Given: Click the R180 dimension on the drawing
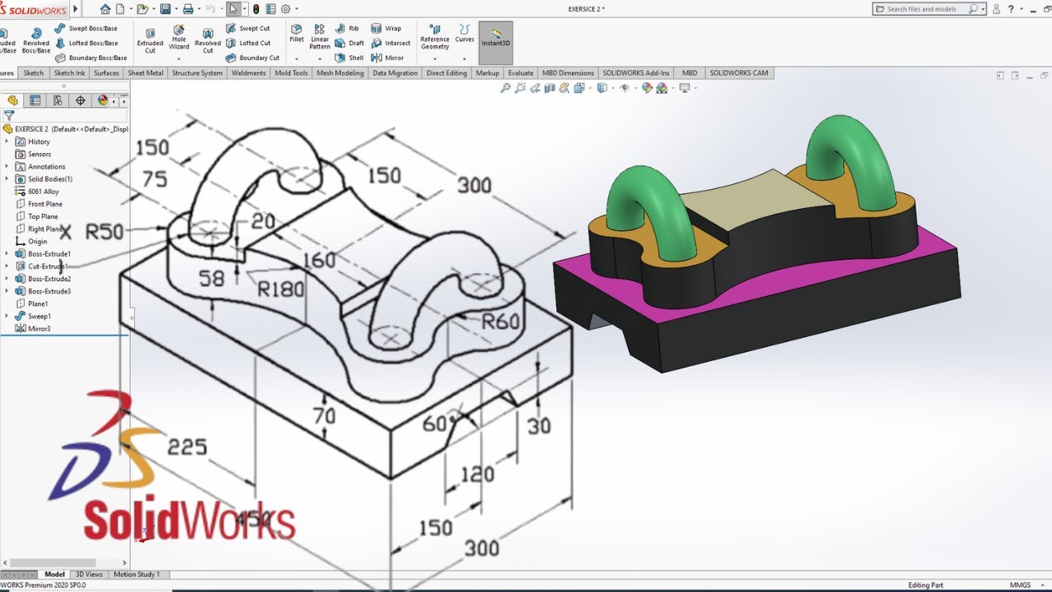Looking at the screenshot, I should pyautogui.click(x=280, y=289).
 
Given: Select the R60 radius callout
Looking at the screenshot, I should pyautogui.click(x=501, y=321).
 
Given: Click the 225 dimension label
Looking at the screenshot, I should pyautogui.click(x=187, y=446).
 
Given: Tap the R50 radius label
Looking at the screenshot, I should pyautogui.click(x=104, y=232).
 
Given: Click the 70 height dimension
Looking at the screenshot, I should pyautogui.click(x=325, y=416).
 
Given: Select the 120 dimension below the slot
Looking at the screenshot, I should pyautogui.click(x=477, y=474).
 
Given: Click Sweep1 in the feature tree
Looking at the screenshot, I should pyautogui.click(x=39, y=316).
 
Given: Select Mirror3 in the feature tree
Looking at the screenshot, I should pyautogui.click(x=39, y=328).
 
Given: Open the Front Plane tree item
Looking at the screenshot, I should pyautogui.click(x=45, y=204).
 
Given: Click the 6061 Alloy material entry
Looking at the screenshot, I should pyautogui.click(x=44, y=192).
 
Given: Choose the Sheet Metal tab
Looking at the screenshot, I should pyautogui.click(x=145, y=72).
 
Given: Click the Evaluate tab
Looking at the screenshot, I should pyautogui.click(x=520, y=72).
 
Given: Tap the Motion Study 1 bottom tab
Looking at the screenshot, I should pyautogui.click(x=136, y=574).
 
